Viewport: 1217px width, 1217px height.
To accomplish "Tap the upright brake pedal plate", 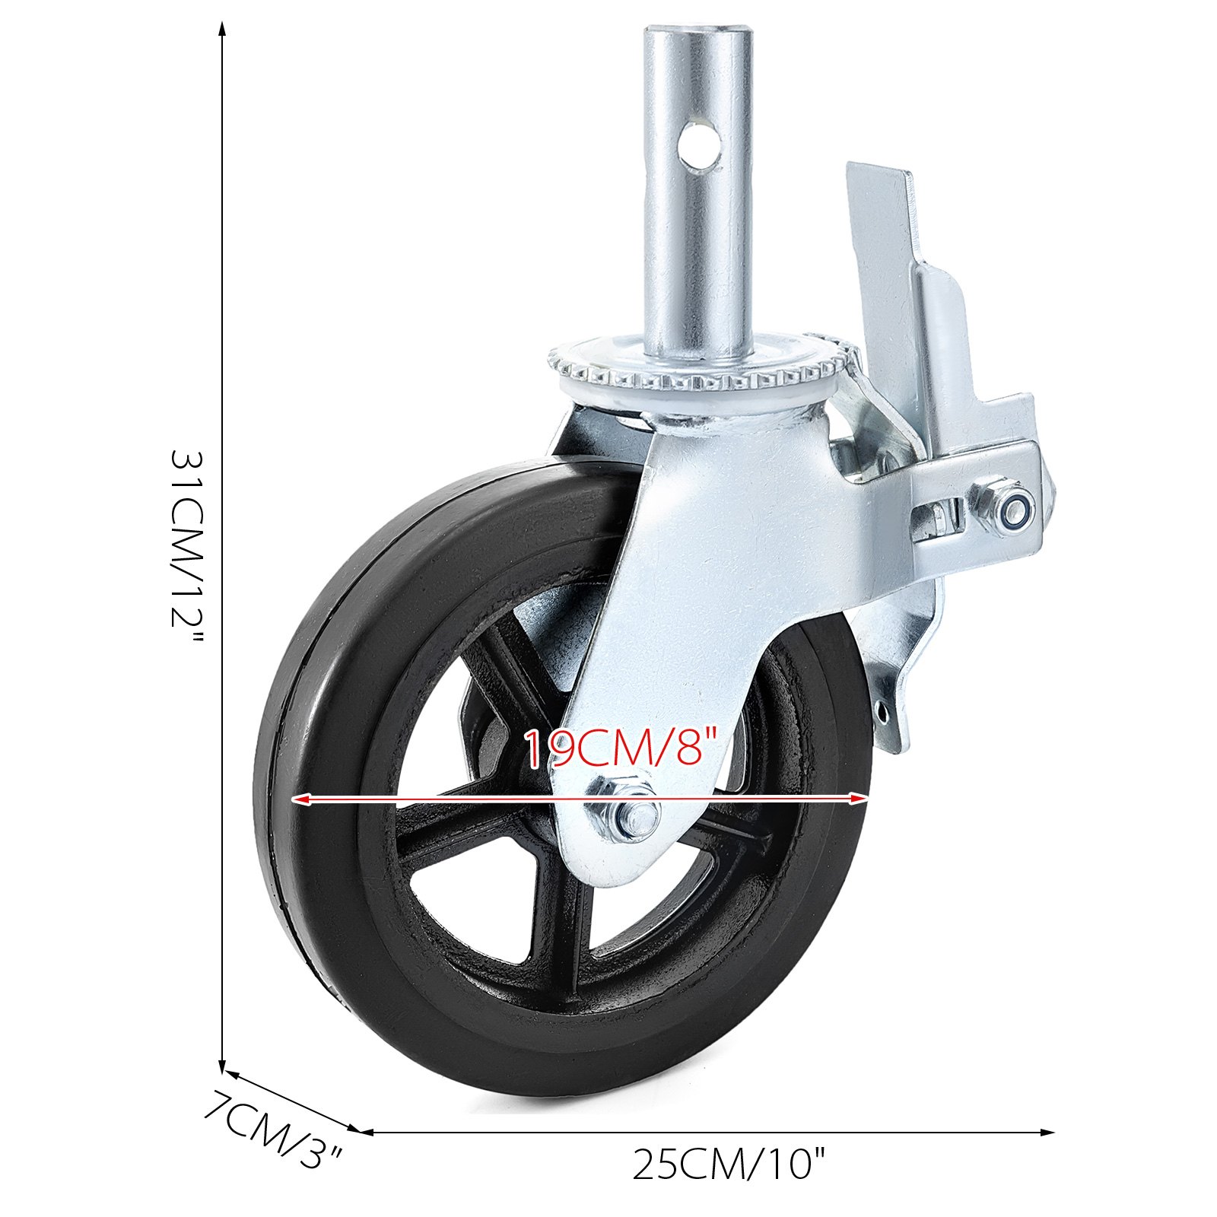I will pyautogui.click(x=882, y=251).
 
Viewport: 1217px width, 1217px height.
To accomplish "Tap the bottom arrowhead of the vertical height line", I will pyautogui.click(x=222, y=1068).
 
